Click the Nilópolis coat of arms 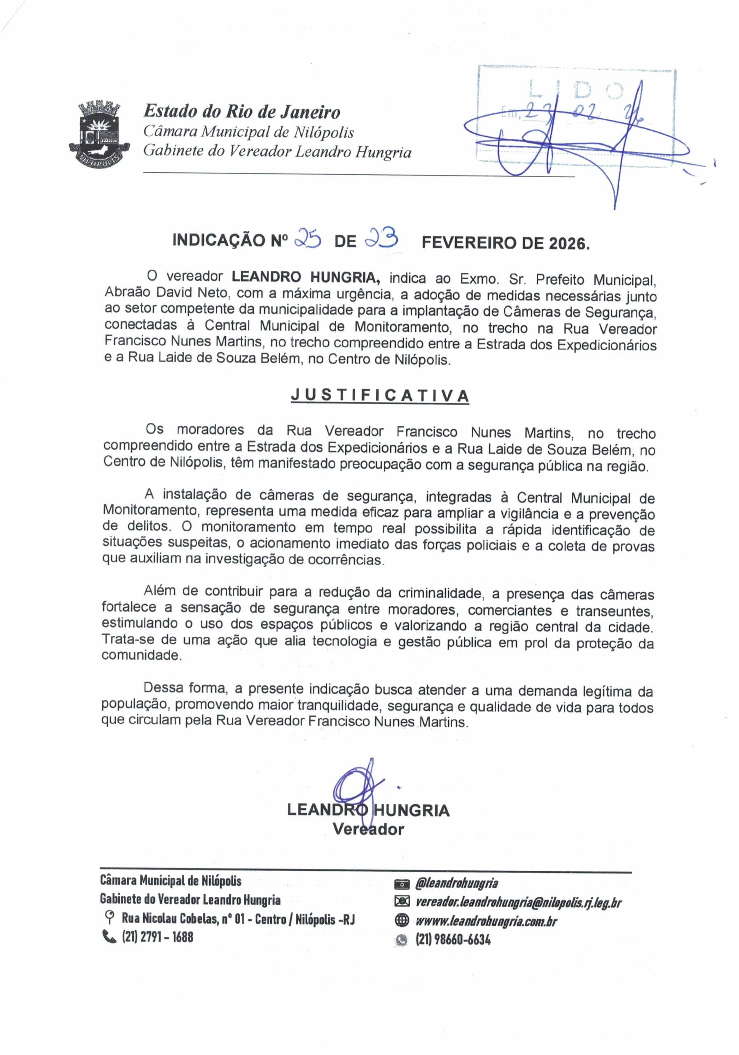click(99, 135)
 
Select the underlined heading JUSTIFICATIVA click(380, 396)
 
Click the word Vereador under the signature click(368, 830)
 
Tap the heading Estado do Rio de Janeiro click(242, 112)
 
